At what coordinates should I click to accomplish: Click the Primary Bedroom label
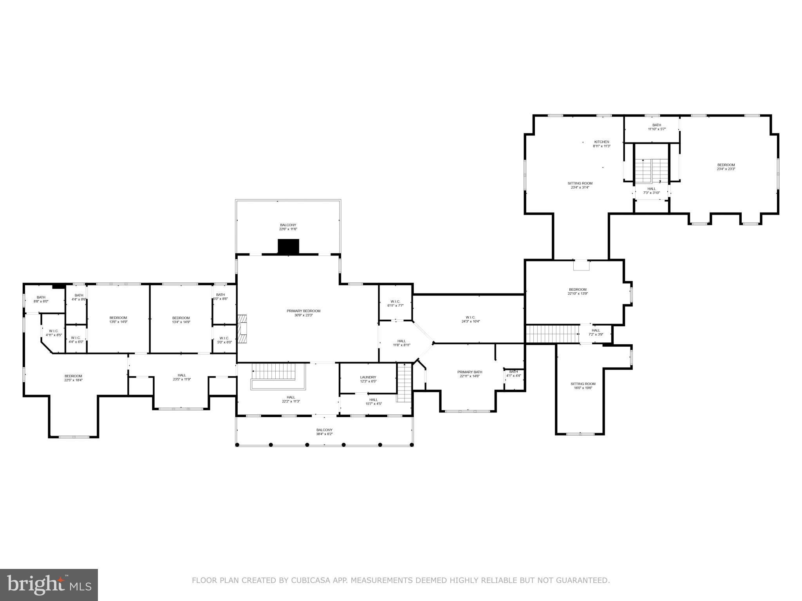[x=303, y=313]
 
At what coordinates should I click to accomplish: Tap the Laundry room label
[x=368, y=379]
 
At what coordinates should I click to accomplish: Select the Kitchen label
[x=601, y=144]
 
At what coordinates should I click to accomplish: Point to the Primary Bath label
[x=470, y=374]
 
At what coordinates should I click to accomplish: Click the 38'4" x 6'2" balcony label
[x=324, y=432]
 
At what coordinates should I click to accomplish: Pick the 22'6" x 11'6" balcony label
[x=288, y=227]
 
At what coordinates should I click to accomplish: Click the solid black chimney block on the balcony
[x=288, y=247]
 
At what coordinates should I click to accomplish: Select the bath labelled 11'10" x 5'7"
[x=657, y=127]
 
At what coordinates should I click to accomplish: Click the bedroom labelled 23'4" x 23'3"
[x=726, y=167]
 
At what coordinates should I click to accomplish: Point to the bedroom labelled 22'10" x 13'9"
[x=578, y=292]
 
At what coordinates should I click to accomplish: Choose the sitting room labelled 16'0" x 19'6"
[x=583, y=386]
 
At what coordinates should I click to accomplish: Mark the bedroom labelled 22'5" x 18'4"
[x=73, y=378]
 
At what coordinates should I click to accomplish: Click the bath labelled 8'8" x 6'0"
[x=41, y=299]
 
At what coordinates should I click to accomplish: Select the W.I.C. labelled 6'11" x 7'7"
[x=395, y=304]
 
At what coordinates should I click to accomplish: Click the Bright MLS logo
[x=49, y=585]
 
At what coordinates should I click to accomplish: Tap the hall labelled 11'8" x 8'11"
[x=401, y=343]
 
